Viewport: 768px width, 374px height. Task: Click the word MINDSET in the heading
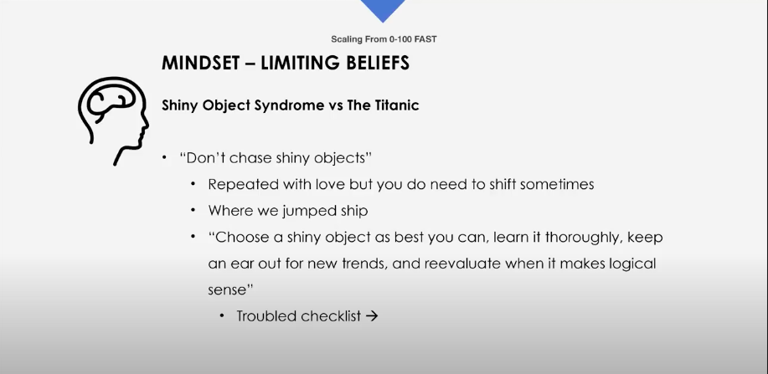point(198,63)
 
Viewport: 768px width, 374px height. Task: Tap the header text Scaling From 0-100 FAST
point(384,39)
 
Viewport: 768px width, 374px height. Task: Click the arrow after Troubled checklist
point(372,316)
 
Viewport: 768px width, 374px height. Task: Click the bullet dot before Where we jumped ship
point(194,211)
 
